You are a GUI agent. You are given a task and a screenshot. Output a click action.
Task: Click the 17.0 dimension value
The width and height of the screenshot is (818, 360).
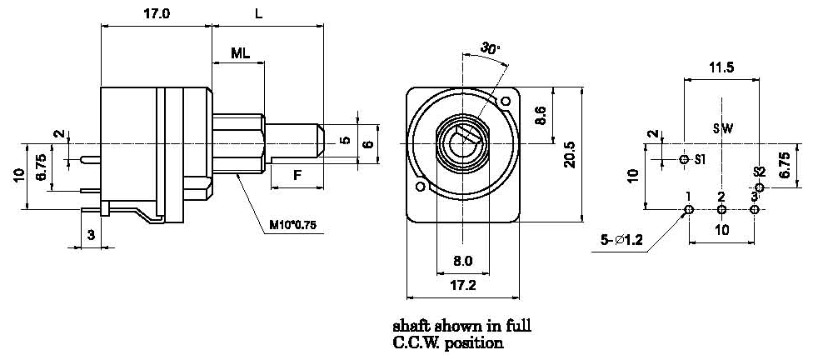[x=157, y=14]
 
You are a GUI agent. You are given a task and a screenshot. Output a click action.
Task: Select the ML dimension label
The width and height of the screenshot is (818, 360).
[x=240, y=52]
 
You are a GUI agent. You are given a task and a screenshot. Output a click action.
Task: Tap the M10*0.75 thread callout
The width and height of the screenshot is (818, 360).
[x=292, y=225]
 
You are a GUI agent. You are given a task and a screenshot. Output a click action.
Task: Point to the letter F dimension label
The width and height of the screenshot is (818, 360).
[x=297, y=175]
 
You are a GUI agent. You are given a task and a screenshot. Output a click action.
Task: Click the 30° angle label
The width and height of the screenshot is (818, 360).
[x=491, y=49]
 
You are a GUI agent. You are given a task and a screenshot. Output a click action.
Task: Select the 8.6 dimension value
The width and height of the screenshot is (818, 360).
[x=541, y=115]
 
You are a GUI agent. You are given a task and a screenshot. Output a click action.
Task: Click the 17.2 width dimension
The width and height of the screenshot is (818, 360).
[x=463, y=286]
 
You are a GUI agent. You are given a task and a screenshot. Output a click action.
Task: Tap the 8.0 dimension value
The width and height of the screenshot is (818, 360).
[x=463, y=261]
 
